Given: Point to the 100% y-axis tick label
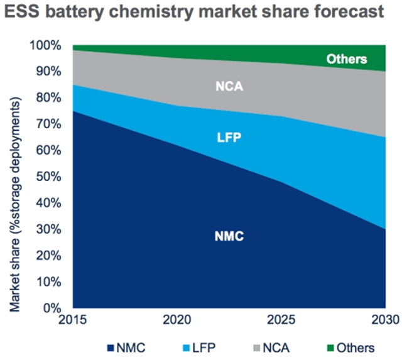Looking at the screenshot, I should [47, 45].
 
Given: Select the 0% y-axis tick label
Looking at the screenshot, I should [54, 308].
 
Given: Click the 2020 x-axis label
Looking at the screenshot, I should [177, 320].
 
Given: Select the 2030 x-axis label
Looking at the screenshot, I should [384, 320].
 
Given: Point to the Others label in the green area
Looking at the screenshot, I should [346, 60].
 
